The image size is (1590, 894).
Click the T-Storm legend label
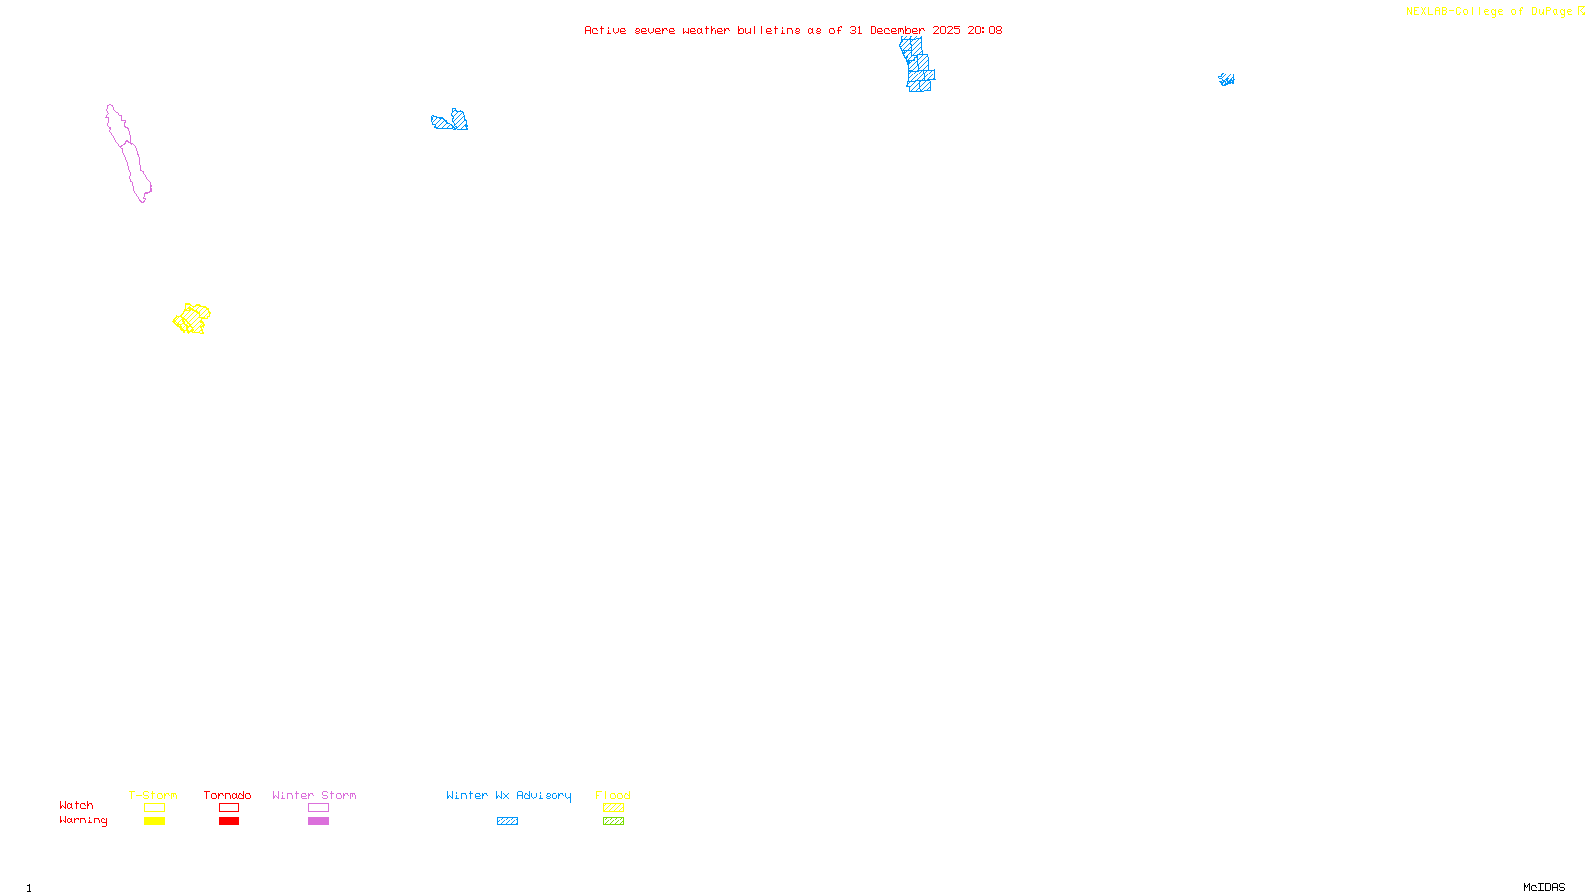point(153,795)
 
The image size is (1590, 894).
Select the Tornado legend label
point(228,795)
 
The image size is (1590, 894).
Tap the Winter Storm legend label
point(314,795)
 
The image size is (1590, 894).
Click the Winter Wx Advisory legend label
point(509,795)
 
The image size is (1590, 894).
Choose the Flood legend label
point(613,795)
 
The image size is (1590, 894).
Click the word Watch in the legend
point(77,805)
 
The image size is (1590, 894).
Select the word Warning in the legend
point(82,820)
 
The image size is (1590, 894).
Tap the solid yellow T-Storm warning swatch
point(154,821)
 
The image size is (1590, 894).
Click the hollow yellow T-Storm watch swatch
point(154,808)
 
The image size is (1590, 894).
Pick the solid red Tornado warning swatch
point(229,821)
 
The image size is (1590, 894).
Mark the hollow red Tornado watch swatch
point(229,808)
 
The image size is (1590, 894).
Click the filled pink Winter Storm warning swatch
point(318,821)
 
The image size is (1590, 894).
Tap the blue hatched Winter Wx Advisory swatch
point(507,821)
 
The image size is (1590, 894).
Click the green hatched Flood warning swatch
point(613,821)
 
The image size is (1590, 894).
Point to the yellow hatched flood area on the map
point(192,319)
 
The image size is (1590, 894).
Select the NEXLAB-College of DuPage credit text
point(1490,11)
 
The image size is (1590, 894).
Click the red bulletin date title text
point(793,30)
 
